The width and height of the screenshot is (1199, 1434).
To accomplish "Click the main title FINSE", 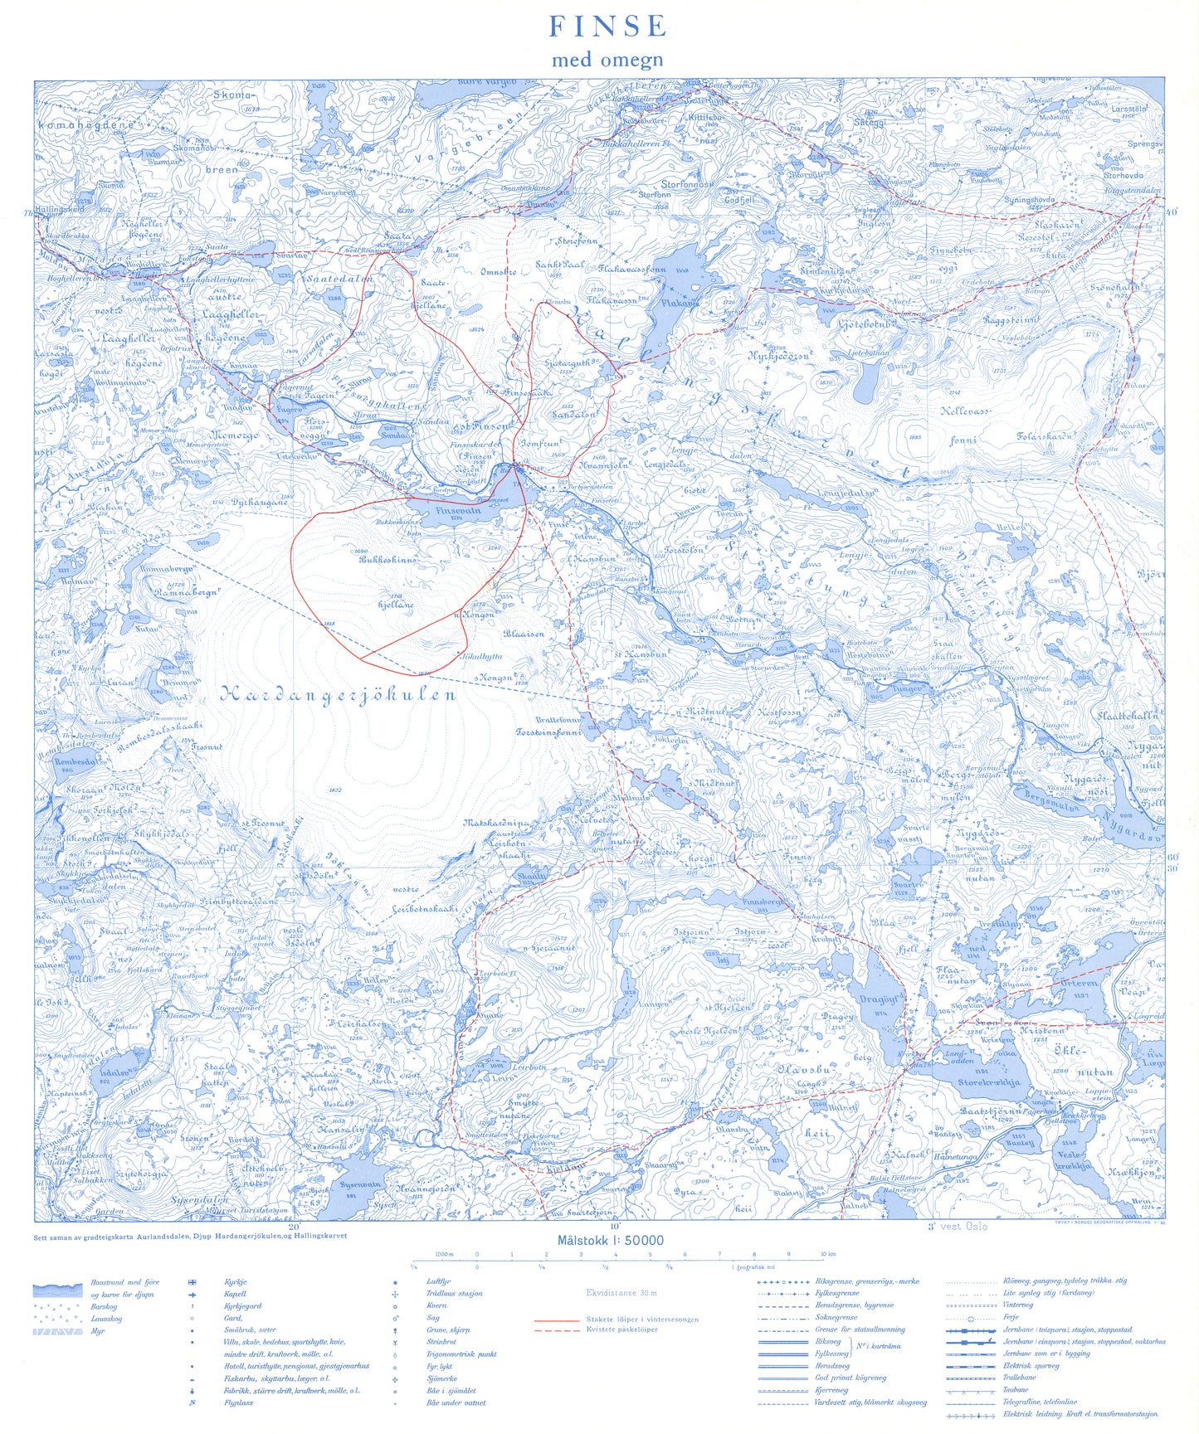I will [x=607, y=27].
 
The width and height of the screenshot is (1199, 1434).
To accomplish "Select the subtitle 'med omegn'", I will [x=607, y=60].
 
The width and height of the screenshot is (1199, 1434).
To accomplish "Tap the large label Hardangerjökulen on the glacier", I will [x=338, y=695].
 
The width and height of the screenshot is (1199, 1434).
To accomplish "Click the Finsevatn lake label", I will [x=458, y=511].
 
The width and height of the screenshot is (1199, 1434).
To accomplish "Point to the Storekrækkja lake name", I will [x=988, y=1082].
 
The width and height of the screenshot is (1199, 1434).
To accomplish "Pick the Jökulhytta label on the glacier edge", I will [x=480, y=656].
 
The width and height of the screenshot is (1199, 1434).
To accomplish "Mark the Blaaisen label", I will [x=524, y=633].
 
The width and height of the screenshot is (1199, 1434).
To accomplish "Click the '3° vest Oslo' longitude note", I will [x=958, y=1226].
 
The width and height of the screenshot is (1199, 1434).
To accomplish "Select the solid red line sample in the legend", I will [x=556, y=1319].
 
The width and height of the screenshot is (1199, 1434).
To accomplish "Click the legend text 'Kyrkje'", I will [x=235, y=1282].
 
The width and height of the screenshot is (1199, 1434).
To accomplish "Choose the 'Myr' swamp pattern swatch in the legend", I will [x=57, y=1331].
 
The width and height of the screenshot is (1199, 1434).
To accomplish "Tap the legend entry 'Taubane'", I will [x=1016, y=1389].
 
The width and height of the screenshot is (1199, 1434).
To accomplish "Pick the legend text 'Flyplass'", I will [x=238, y=1402].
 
